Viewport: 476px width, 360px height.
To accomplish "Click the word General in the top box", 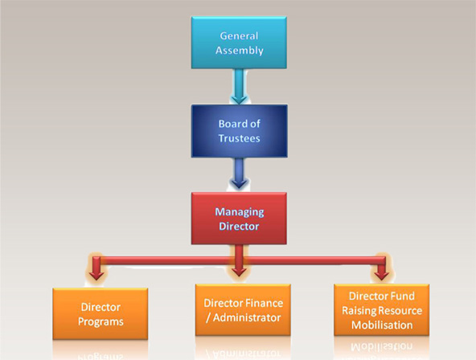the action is [x=240, y=36].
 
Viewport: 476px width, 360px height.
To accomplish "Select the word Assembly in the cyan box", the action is [x=240, y=51].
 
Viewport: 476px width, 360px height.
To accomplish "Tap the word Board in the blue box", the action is [x=232, y=124].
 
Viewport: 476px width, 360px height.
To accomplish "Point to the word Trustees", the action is [x=240, y=138].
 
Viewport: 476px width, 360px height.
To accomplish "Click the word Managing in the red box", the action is [x=240, y=212].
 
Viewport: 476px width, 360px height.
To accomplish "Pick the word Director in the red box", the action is [x=240, y=227].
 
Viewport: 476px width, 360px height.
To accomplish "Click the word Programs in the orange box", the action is [x=101, y=321].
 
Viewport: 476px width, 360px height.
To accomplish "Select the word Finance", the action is [x=264, y=303].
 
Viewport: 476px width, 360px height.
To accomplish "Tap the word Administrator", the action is [x=247, y=317].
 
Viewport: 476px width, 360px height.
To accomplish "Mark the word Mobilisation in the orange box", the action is [x=382, y=325].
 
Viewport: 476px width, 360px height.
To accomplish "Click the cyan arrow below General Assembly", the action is [x=240, y=86].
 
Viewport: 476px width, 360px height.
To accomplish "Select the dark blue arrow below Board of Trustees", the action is [x=240, y=173].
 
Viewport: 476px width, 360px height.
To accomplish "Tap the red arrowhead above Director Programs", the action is [x=96, y=275].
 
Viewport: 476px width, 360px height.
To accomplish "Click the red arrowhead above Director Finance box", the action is [x=240, y=272].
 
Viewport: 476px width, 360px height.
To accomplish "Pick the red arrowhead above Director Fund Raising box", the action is [x=382, y=275].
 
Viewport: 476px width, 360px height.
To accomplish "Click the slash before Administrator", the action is [x=208, y=318].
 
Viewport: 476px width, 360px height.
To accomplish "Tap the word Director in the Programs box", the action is [x=101, y=307].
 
